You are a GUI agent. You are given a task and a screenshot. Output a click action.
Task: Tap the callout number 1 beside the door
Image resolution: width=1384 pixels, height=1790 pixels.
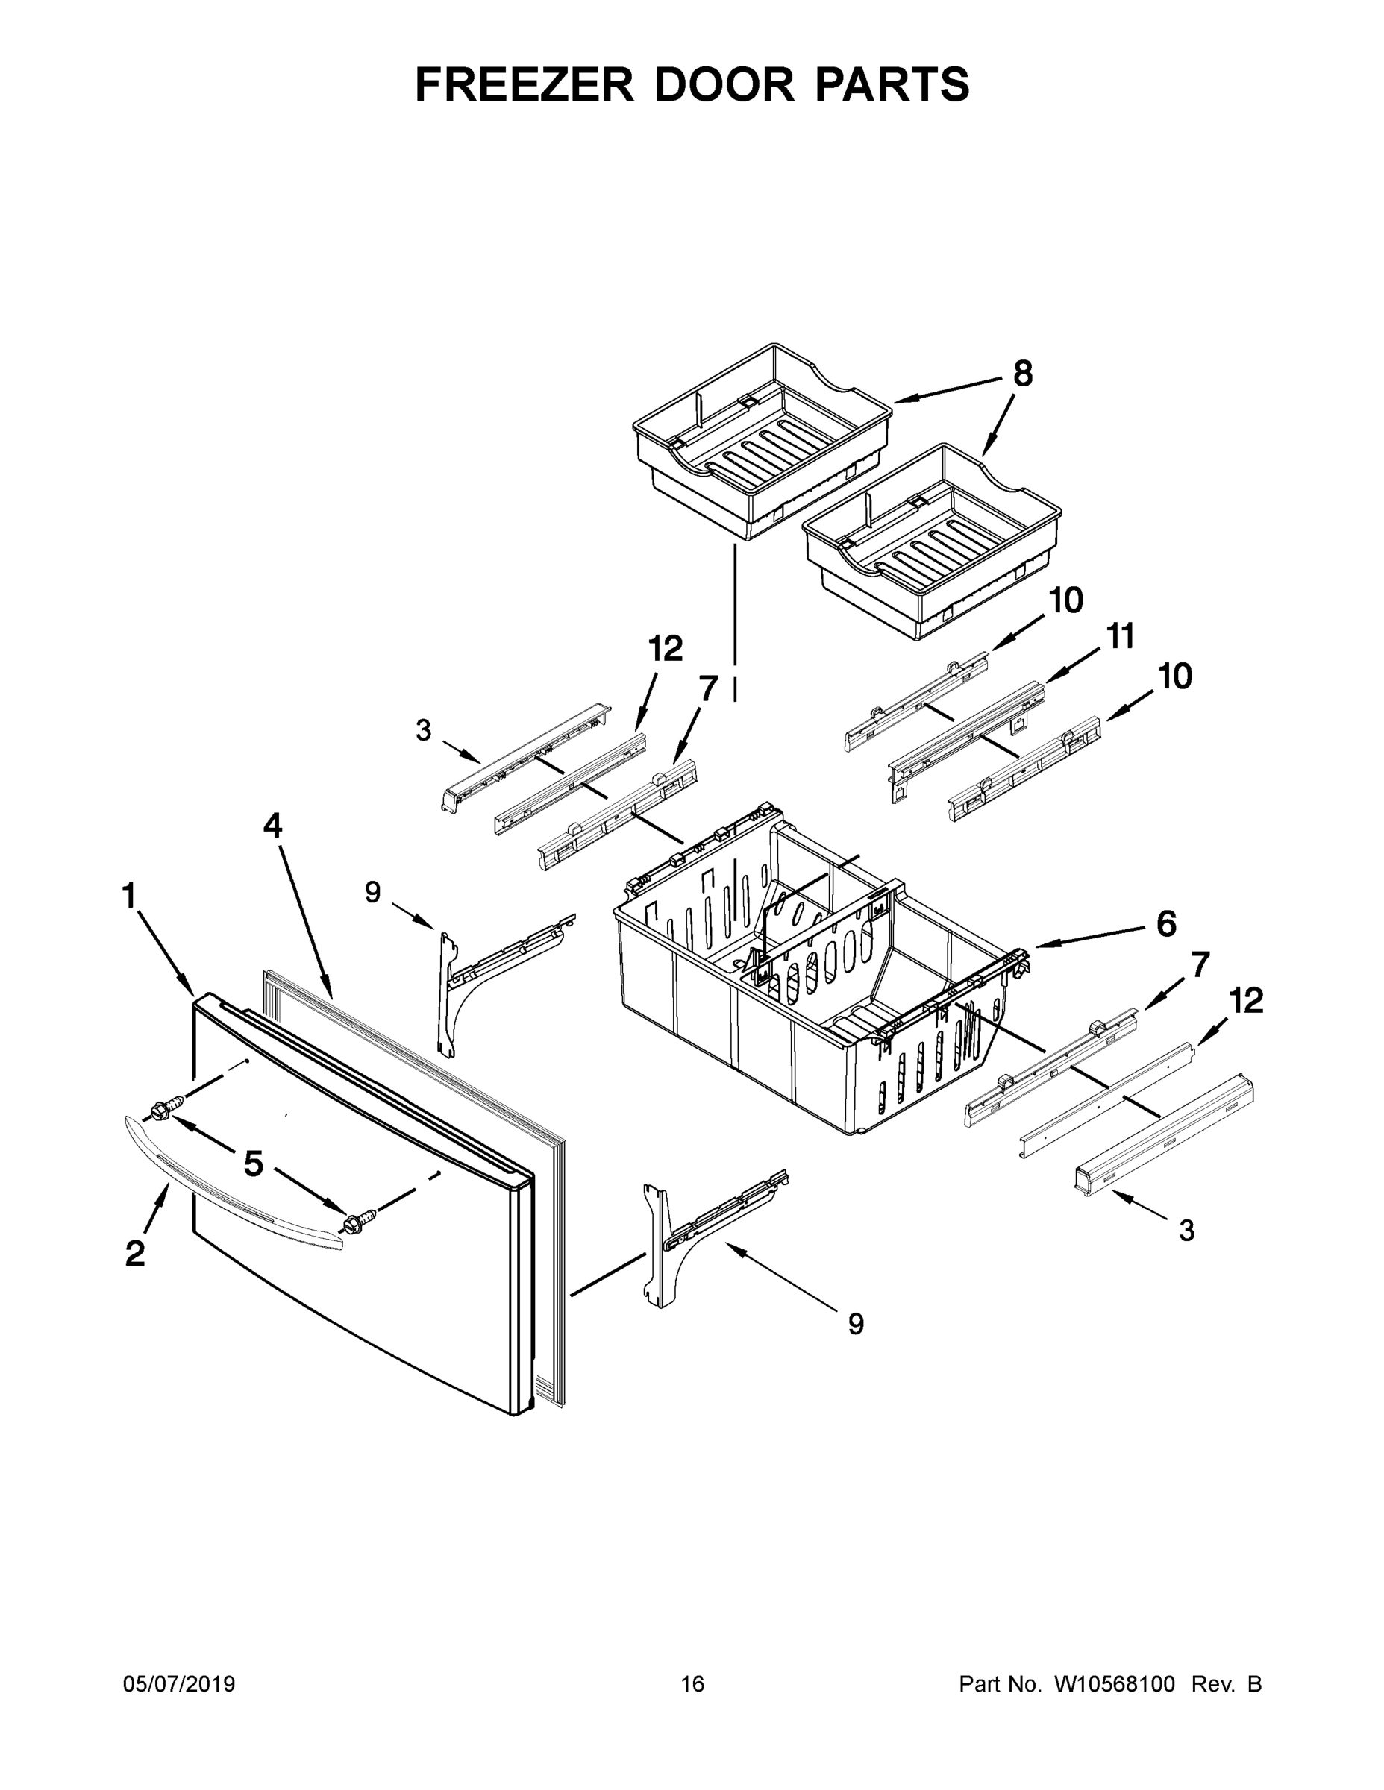click(129, 895)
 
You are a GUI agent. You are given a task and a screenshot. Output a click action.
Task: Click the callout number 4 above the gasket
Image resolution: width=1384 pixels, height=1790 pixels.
click(272, 826)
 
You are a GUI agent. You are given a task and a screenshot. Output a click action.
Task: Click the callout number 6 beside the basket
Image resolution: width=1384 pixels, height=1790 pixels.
click(1166, 923)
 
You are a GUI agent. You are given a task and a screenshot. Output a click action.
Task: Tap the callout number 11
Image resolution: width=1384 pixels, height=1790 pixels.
click(1121, 636)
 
